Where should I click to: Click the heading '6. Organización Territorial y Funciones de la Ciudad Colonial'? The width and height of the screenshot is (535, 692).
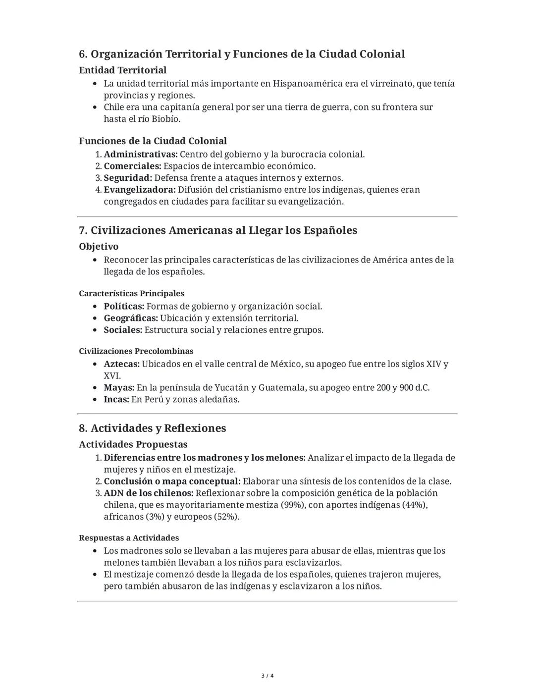coord(242,54)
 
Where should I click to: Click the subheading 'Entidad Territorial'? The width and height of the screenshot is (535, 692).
coord(122,70)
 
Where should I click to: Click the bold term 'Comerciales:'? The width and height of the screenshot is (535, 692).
coord(132,166)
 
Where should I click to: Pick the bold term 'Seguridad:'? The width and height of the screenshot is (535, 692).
coord(128,178)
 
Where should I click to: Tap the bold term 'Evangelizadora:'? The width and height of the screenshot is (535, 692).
coord(139,190)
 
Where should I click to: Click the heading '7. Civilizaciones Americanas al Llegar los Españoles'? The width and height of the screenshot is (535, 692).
coord(218,230)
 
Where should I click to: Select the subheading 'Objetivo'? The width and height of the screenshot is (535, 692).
coord(99,247)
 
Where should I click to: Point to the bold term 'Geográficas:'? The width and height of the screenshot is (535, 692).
coord(131,319)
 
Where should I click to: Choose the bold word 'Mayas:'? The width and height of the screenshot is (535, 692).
coord(119,388)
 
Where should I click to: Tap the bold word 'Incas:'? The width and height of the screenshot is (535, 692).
coord(116,400)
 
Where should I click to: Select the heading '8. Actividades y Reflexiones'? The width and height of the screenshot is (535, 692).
coord(152,428)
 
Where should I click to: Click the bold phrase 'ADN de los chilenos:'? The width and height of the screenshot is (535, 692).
coord(148,493)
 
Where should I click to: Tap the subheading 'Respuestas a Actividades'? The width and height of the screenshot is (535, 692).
coord(129,538)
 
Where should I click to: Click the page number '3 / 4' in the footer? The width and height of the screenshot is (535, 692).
coord(267,676)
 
